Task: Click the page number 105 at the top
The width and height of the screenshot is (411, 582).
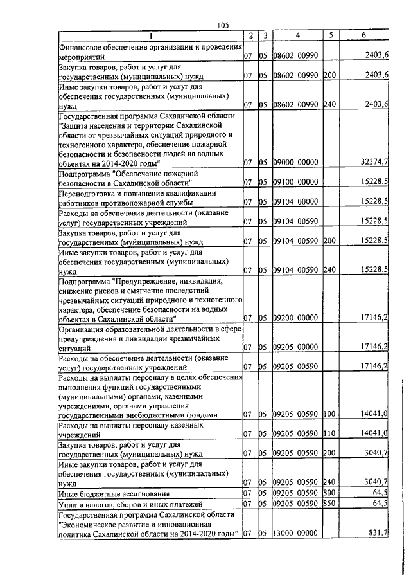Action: tap(223, 25)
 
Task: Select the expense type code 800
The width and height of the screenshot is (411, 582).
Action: tap(329, 493)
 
